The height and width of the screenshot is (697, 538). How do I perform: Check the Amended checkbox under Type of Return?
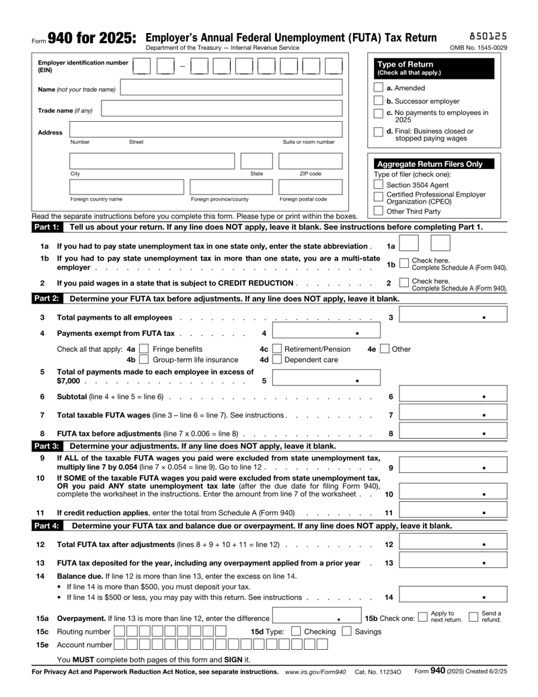tap(379, 88)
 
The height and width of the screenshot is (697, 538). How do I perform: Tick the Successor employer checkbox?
tap(379, 101)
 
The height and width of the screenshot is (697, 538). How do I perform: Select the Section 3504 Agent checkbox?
tap(379, 186)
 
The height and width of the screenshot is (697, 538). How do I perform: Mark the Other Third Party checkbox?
tap(379, 211)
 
